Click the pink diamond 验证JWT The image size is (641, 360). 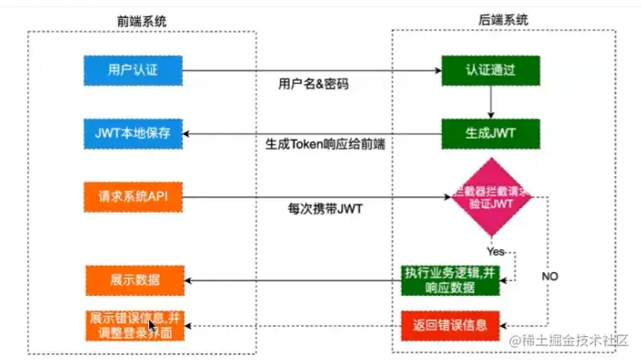tap(494, 196)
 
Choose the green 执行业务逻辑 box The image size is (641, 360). tap(451, 278)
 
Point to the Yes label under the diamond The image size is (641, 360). tap(495, 249)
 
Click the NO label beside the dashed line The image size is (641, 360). tap(550, 275)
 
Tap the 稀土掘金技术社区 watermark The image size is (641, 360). tap(570, 341)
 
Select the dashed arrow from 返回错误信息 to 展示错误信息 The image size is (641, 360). tap(292, 325)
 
